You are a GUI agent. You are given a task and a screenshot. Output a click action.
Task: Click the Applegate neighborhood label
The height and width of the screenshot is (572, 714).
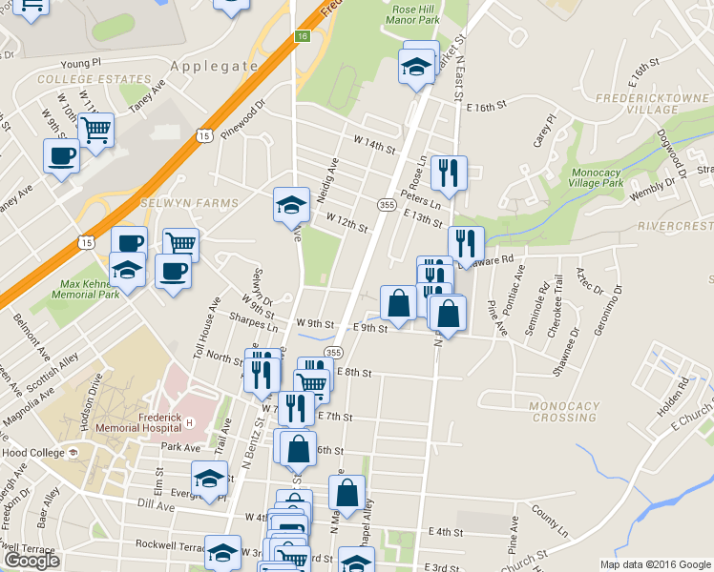(215, 66)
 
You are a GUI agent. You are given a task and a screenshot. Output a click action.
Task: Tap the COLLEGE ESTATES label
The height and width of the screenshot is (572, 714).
(79, 80)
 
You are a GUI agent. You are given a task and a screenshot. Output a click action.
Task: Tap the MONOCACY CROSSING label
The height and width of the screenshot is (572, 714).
(563, 411)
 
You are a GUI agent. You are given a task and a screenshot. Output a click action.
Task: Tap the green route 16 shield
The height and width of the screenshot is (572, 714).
(303, 36)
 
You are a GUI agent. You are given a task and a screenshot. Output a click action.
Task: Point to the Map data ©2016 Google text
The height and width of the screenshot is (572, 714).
(654, 563)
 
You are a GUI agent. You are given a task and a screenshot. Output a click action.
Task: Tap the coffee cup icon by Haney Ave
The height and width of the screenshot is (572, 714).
(61, 155)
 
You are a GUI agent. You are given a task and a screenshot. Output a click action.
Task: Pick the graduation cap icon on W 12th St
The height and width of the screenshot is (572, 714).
(292, 204)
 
